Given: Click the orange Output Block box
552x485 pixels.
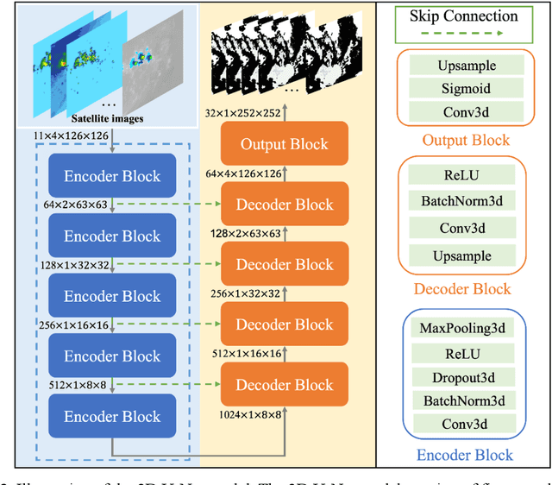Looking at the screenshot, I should [x=284, y=144].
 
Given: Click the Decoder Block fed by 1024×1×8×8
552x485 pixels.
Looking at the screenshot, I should [x=284, y=385].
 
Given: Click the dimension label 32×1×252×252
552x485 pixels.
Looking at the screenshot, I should [x=244, y=113].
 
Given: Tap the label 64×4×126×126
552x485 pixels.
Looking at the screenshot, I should [x=244, y=174].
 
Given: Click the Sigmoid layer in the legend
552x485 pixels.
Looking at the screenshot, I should [x=463, y=87].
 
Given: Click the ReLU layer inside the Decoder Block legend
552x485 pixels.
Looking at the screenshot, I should [x=463, y=175].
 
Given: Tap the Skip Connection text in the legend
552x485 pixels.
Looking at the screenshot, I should [x=463, y=16].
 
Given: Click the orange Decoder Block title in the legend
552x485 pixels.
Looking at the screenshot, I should [x=463, y=289].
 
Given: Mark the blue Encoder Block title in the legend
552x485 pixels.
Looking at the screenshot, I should [x=463, y=455].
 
